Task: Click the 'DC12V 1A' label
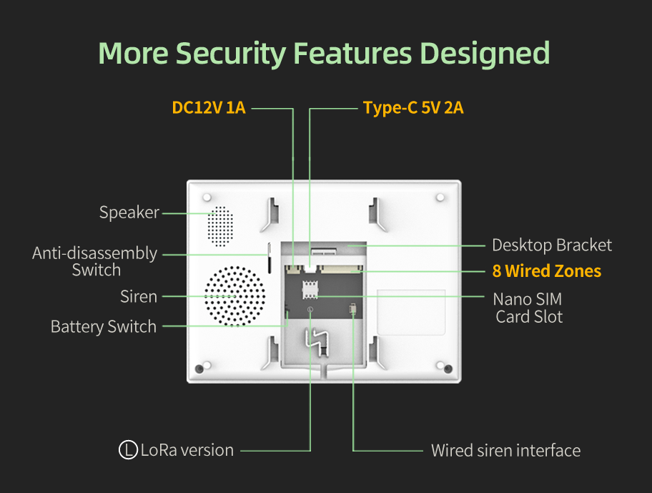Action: [x=209, y=108]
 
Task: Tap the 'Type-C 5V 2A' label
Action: [x=413, y=108]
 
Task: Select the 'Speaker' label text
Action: [x=129, y=213]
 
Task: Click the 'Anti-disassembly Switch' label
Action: [x=95, y=261]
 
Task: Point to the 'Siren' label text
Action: [x=139, y=296]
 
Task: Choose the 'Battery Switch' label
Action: [x=104, y=327]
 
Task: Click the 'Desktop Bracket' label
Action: [x=552, y=245]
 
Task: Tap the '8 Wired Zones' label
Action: [x=547, y=271]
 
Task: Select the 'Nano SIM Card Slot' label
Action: [x=529, y=308]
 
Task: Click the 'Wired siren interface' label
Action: [x=505, y=451]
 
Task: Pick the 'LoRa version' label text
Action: [x=187, y=450]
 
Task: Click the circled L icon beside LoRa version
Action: [x=128, y=450]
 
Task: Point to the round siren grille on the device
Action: [x=234, y=296]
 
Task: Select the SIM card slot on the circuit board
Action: [x=310, y=291]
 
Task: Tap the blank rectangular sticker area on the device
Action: [x=411, y=312]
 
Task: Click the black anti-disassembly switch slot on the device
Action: [x=270, y=258]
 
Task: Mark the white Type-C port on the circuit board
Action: [x=310, y=268]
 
